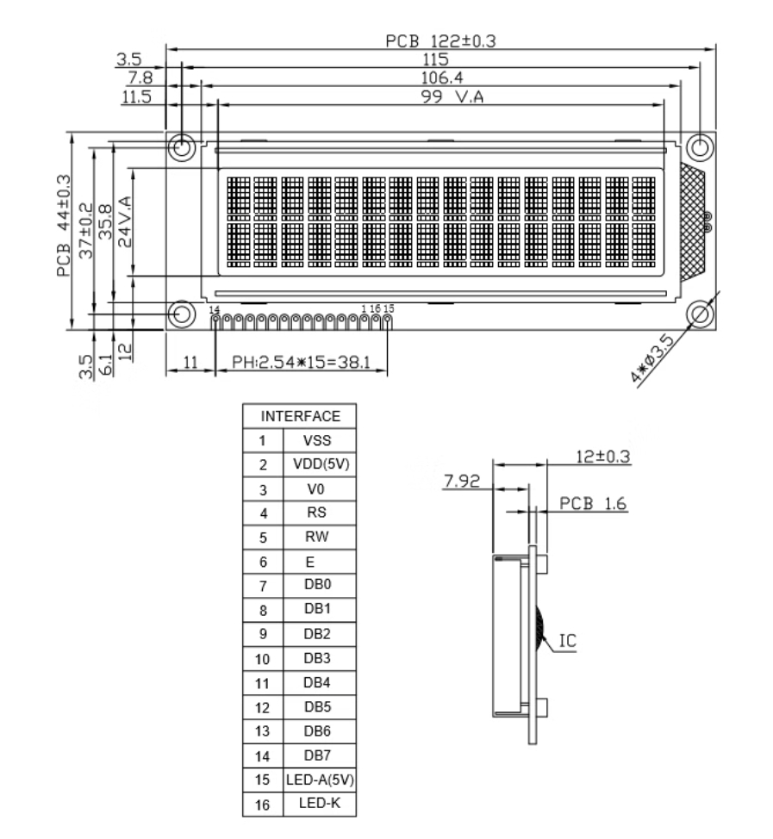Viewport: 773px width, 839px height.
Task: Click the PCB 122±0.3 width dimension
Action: pyautogui.click(x=440, y=40)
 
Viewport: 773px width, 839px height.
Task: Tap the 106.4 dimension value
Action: pyautogui.click(x=441, y=78)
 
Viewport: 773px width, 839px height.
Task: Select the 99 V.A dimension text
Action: pyautogui.click(x=452, y=96)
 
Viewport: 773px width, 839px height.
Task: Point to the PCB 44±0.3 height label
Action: pyautogui.click(x=64, y=226)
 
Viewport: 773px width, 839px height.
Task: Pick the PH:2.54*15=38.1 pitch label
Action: pyautogui.click(x=301, y=363)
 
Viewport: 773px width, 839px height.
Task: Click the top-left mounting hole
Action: pyautogui.click(x=182, y=146)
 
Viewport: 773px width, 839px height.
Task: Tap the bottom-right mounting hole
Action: pyautogui.click(x=700, y=314)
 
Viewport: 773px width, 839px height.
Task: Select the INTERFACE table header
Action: pyautogui.click(x=300, y=416)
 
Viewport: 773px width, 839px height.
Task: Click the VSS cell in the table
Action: pyautogui.click(x=317, y=440)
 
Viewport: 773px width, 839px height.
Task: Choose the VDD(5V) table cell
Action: pyautogui.click(x=321, y=464)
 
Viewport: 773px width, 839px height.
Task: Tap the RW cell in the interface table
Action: pyautogui.click(x=316, y=537)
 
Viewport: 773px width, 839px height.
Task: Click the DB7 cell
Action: pyautogui.click(x=317, y=755)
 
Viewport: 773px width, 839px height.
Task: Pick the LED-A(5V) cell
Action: pyautogui.click(x=320, y=780)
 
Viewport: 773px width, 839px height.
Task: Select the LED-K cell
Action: pyautogui.click(x=320, y=803)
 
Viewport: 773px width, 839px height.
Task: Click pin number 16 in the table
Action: pyautogui.click(x=262, y=805)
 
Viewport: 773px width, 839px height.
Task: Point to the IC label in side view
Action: pyautogui.click(x=567, y=641)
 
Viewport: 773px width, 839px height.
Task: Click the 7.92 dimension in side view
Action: pyautogui.click(x=462, y=481)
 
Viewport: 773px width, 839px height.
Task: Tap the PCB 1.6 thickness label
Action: pyautogui.click(x=593, y=504)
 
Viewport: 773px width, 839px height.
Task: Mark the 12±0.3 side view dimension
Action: pyautogui.click(x=602, y=457)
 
